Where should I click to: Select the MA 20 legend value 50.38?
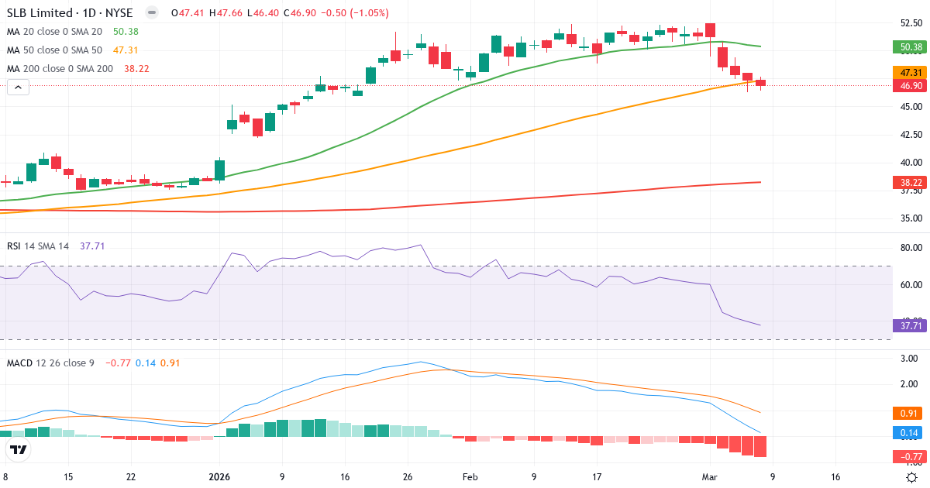click(126, 31)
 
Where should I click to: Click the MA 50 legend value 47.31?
click(126, 50)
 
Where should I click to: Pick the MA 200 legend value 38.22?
click(136, 68)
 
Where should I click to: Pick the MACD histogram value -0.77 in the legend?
click(119, 363)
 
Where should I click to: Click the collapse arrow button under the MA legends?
click(18, 88)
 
